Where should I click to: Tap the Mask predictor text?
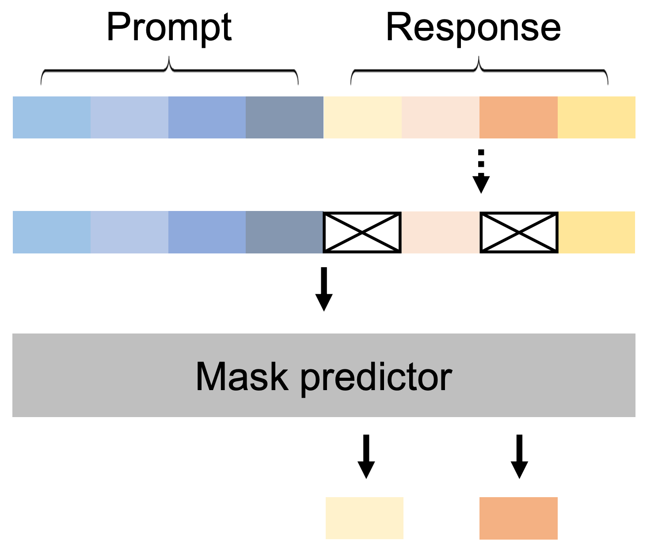pos(323,376)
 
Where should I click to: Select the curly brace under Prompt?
pos(169,71)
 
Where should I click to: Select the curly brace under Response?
pos(479,71)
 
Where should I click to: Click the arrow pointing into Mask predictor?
pos(324,289)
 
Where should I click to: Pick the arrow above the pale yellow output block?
pos(366,456)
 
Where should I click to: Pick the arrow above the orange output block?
pos(519,456)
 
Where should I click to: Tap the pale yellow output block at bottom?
pos(365,518)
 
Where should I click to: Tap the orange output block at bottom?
pos(518,518)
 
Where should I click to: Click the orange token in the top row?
pos(518,117)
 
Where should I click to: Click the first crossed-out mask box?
pos(362,232)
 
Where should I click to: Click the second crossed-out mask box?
pos(519,232)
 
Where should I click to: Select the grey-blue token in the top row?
pos(285,117)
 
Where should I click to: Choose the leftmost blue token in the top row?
pos(52,117)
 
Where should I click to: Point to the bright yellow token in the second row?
pos(597,232)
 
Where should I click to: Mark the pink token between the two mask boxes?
pos(441,232)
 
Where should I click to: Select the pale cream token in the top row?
pos(363,117)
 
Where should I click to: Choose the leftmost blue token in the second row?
pos(52,232)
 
